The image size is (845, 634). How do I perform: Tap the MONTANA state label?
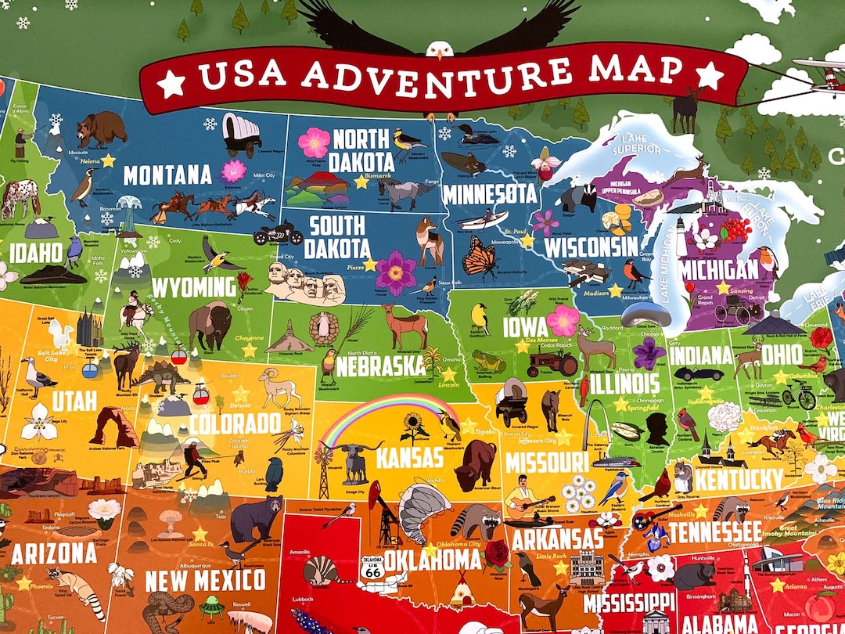click(x=167, y=175)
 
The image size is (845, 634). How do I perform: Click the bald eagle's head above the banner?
click(x=440, y=49)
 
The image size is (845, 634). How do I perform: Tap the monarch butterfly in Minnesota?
click(x=479, y=258)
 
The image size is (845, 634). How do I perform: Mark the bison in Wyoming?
click(x=210, y=326)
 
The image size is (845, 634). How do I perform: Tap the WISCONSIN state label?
click(x=591, y=247)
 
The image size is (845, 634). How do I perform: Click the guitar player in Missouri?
click(x=521, y=500)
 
